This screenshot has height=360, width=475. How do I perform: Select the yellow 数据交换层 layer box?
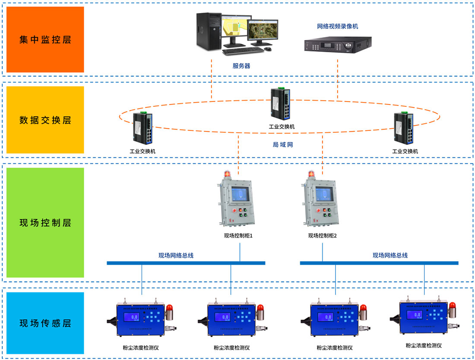[x=45, y=120]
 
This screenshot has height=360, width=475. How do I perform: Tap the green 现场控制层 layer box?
[x=45, y=223]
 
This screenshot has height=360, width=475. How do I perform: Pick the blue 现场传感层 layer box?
[x=45, y=323]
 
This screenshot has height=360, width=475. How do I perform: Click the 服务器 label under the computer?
[x=241, y=66]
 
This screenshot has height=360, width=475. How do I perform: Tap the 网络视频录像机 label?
[x=337, y=26]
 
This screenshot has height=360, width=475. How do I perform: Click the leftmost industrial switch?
[x=142, y=129]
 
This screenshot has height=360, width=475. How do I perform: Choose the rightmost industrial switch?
[x=404, y=129]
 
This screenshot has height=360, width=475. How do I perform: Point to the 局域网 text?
[x=283, y=145]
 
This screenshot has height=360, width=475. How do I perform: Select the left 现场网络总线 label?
[x=176, y=255]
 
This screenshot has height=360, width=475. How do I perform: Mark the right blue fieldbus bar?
[x=379, y=263]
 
